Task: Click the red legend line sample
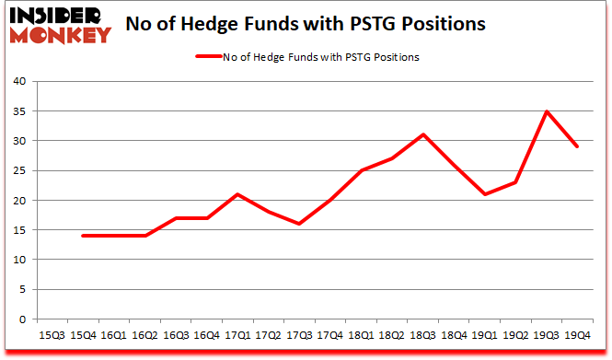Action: (209, 57)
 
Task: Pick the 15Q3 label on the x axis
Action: (52, 335)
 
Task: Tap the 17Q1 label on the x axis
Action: (237, 335)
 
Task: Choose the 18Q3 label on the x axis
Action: (423, 335)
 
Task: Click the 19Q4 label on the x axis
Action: (578, 335)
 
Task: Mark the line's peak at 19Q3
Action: (547, 111)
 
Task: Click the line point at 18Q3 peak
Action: (423, 135)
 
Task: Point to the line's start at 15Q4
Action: (84, 236)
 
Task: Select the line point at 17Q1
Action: (237, 194)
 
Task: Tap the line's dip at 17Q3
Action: (299, 224)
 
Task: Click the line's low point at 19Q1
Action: (485, 194)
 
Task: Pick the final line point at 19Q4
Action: (578, 147)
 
